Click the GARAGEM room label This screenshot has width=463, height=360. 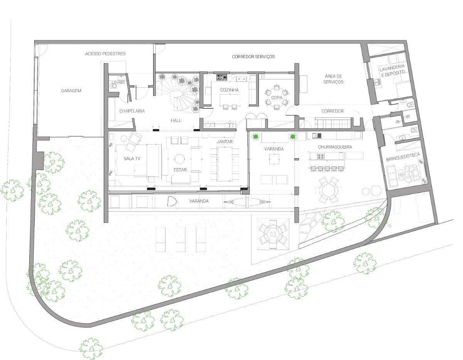coord(71,91)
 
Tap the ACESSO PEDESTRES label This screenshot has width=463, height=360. coord(105,54)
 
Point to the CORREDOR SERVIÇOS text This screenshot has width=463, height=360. coord(253,57)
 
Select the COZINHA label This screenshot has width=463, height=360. coord(229,90)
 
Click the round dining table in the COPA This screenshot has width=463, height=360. coord(277,98)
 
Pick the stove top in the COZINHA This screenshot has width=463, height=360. coord(221,78)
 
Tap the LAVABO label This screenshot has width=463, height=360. coord(118,83)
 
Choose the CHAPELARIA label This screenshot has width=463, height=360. coord(132,111)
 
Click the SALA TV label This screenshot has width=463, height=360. coord(132,159)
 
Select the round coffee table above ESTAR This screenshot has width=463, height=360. coord(179,159)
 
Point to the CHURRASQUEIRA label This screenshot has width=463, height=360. coord(335,147)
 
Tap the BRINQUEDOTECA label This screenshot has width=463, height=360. coord(403,157)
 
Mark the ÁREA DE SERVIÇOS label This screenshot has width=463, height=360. coord(333,79)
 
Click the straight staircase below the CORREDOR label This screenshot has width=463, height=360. coord(333,124)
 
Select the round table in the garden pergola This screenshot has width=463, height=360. coord(273,234)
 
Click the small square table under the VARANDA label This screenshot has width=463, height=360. coord(274,159)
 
